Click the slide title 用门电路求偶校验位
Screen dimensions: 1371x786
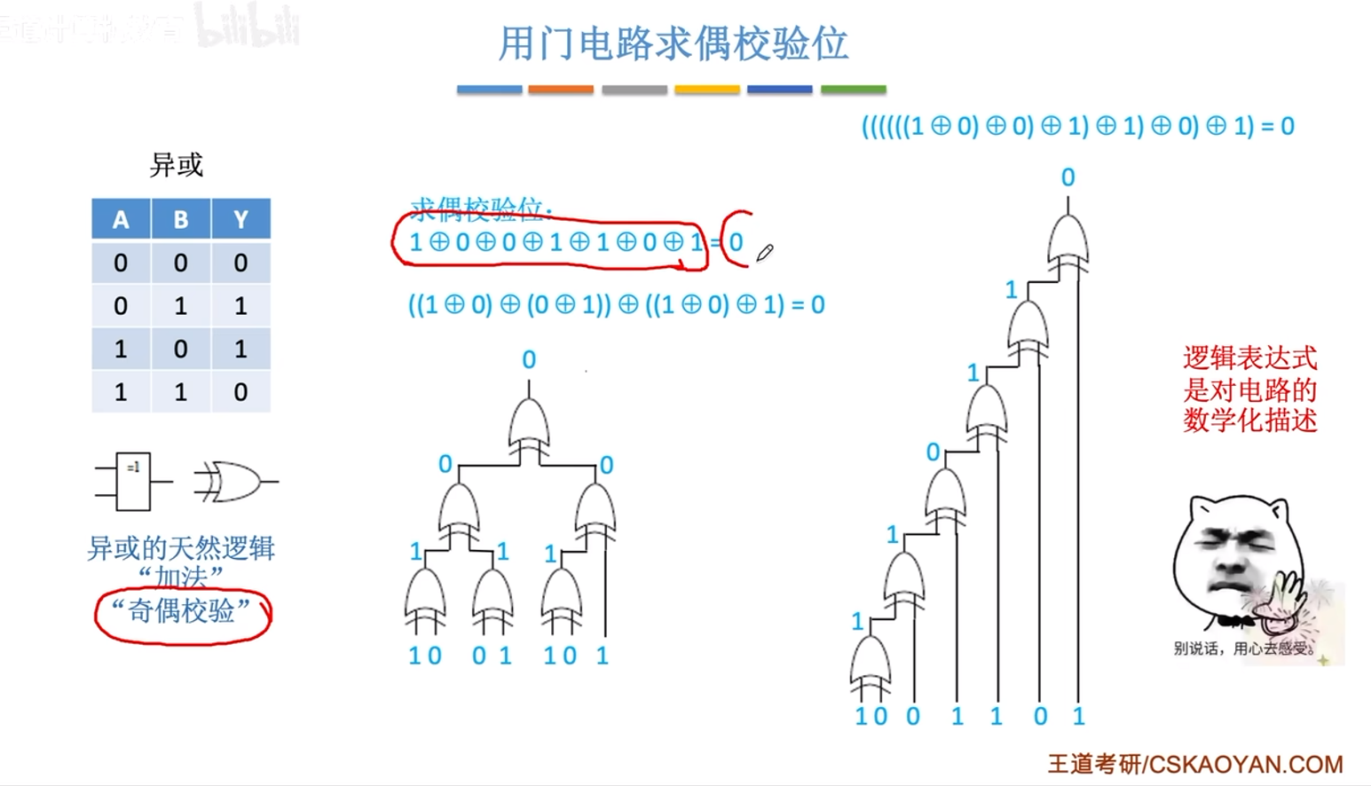click(x=673, y=43)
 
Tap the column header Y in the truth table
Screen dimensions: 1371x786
click(x=240, y=219)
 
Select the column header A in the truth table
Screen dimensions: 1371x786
click(x=121, y=219)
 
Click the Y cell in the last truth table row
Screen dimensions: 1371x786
click(x=240, y=392)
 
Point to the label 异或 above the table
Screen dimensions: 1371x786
click(x=177, y=165)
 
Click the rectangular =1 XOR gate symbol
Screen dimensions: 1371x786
click(x=133, y=482)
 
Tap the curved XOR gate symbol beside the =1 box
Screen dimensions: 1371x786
click(x=233, y=482)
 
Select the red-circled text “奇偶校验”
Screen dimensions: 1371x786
click(x=182, y=611)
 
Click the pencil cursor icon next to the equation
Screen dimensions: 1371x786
click(x=764, y=254)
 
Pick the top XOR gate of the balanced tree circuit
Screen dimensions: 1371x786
click(x=529, y=426)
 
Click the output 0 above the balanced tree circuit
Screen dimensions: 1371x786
click(x=529, y=359)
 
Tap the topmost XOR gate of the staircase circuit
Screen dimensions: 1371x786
click(x=1068, y=242)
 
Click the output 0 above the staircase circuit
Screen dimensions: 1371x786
click(x=1068, y=177)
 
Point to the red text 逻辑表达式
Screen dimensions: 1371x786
click(x=1249, y=358)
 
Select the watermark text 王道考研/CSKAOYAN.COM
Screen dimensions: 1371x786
click(x=1195, y=764)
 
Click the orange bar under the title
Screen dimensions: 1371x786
click(x=560, y=90)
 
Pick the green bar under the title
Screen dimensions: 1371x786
click(x=853, y=90)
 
